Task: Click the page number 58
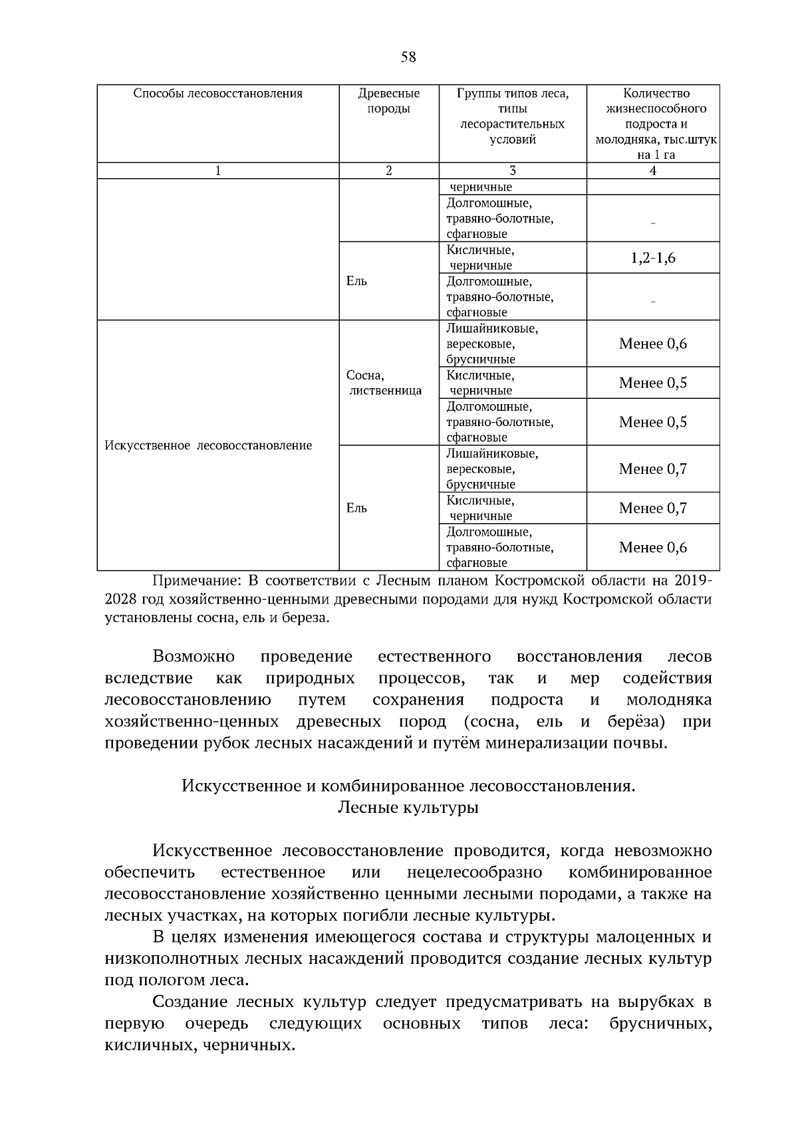tap(408, 57)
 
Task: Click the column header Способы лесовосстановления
tap(217, 94)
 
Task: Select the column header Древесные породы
tap(388, 101)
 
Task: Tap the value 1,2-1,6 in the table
tap(652, 258)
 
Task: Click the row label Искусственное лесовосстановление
tap(208, 445)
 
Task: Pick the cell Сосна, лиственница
tap(384, 383)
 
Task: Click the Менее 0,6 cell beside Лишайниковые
tap(652, 344)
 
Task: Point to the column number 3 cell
tap(512, 171)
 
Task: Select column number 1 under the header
tap(217, 171)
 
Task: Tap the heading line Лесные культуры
tap(408, 808)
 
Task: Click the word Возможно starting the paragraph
tap(194, 657)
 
